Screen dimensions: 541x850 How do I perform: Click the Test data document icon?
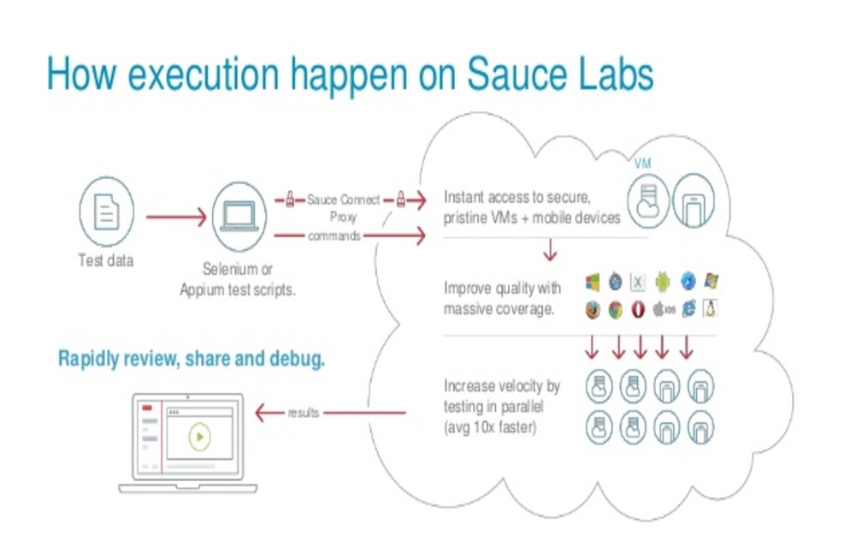point(106,214)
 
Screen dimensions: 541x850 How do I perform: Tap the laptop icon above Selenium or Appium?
point(239,214)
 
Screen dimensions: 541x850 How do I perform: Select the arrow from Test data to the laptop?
point(175,217)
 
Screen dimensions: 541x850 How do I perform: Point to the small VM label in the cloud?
point(643,163)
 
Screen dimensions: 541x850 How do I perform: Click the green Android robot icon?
point(662,282)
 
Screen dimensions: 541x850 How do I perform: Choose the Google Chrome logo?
point(615,310)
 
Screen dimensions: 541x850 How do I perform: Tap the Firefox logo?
point(592,310)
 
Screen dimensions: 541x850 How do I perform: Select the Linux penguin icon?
point(709,309)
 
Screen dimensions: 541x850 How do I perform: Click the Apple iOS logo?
point(664,310)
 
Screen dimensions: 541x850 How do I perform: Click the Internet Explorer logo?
point(688,310)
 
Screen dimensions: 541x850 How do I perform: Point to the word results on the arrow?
point(303,413)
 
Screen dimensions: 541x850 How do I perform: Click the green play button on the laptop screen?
point(198,437)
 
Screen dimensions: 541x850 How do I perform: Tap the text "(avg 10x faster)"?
point(489,426)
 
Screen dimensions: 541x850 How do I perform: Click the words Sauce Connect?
point(343,200)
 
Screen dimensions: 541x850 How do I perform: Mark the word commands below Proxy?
point(334,236)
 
